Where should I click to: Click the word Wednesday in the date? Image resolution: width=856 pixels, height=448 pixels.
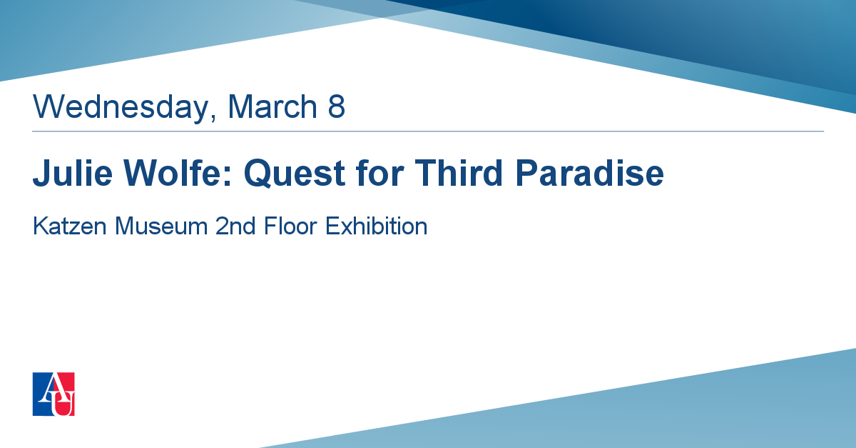(x=121, y=107)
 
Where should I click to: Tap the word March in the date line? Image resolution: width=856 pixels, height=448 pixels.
(x=272, y=106)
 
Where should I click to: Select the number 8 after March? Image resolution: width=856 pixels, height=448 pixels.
(x=336, y=106)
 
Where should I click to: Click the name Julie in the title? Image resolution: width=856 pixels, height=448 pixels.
(x=73, y=173)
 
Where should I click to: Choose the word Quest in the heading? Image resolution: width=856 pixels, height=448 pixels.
(x=295, y=174)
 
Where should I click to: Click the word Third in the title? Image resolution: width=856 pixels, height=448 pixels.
(x=459, y=173)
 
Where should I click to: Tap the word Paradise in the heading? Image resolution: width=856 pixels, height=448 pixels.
(x=589, y=173)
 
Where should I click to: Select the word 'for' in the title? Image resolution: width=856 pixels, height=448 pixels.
(x=379, y=173)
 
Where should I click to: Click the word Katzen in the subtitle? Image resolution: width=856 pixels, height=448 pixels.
(x=70, y=226)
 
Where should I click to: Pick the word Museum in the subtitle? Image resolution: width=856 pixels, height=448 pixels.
(x=161, y=226)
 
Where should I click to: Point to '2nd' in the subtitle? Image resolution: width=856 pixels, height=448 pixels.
(x=235, y=226)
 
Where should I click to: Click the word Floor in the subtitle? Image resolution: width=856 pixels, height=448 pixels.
(x=290, y=226)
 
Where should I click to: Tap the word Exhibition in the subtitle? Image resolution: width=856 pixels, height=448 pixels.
(x=377, y=226)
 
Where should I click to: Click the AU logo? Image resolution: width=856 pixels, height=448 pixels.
(x=53, y=394)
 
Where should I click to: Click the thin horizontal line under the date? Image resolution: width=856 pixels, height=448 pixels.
(x=428, y=131)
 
